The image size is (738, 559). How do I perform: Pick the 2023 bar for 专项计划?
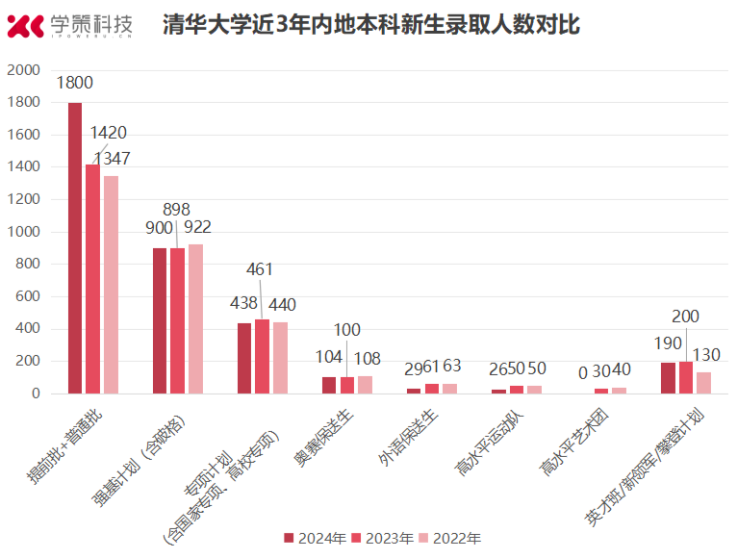(262, 356)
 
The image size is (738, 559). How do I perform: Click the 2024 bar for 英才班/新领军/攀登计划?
(668, 378)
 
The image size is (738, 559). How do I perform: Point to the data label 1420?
(108, 133)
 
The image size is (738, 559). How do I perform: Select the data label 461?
(262, 268)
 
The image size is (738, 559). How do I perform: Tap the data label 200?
(686, 317)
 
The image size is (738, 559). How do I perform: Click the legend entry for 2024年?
(315, 538)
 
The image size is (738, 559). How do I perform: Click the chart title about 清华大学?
(371, 25)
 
